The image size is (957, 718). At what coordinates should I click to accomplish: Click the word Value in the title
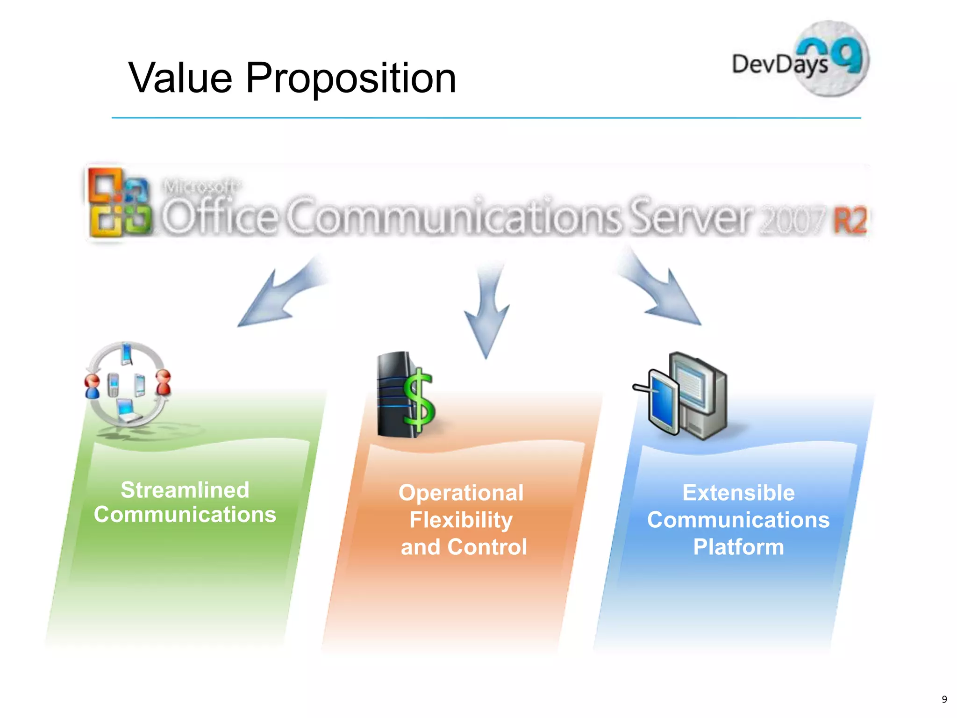point(180,78)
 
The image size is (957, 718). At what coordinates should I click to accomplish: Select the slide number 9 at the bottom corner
point(944,699)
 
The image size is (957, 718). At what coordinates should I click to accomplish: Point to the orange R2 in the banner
point(850,220)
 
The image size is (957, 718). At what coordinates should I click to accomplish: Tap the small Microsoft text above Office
point(201,187)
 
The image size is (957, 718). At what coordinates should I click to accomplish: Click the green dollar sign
point(419,400)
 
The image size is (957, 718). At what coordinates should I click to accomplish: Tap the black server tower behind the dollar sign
point(393,395)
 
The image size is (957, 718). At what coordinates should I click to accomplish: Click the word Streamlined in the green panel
point(185,490)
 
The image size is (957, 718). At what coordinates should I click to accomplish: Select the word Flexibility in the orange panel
point(461,520)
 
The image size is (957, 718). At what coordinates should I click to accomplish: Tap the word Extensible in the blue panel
point(738,493)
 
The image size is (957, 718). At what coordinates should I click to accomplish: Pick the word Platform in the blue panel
point(738,547)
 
